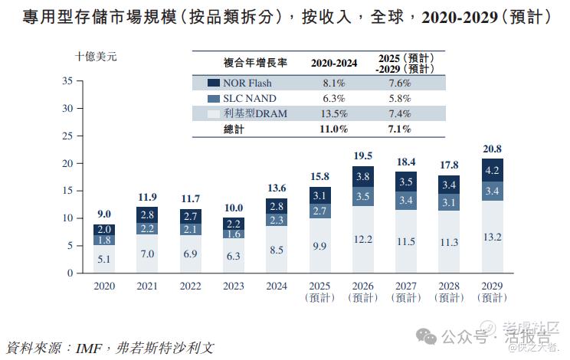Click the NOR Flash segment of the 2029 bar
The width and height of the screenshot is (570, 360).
coord(493,170)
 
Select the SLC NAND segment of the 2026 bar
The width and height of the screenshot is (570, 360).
coord(364,195)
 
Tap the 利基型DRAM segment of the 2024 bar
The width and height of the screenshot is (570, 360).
coord(277,249)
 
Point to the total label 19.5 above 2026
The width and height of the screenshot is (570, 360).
coord(364,155)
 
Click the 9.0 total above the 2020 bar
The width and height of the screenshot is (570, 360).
coord(104,214)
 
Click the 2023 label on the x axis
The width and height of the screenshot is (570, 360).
coord(234,285)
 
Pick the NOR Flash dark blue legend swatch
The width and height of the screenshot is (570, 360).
coord(213,83)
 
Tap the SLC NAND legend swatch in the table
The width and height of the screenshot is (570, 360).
coord(213,99)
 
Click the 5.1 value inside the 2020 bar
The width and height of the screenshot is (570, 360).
coord(104,259)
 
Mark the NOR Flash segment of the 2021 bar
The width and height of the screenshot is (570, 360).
coord(148,214)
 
